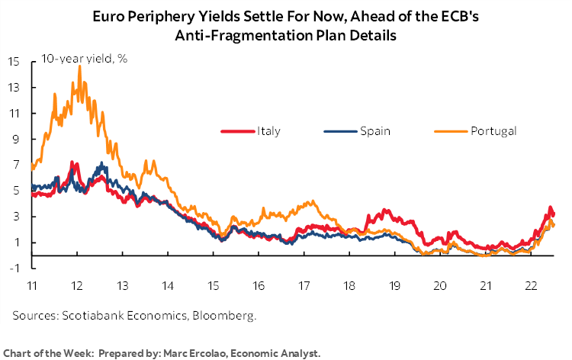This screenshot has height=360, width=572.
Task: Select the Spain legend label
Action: (x=375, y=131)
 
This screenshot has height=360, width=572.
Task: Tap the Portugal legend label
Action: (x=493, y=131)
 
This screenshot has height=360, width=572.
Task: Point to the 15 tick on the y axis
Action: (x=14, y=61)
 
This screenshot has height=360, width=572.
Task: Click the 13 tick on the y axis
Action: (x=14, y=87)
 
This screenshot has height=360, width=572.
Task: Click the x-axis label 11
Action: (x=32, y=285)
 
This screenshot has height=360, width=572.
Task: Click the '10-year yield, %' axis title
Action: (x=75, y=60)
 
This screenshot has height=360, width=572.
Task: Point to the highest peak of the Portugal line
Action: (x=79, y=66)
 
